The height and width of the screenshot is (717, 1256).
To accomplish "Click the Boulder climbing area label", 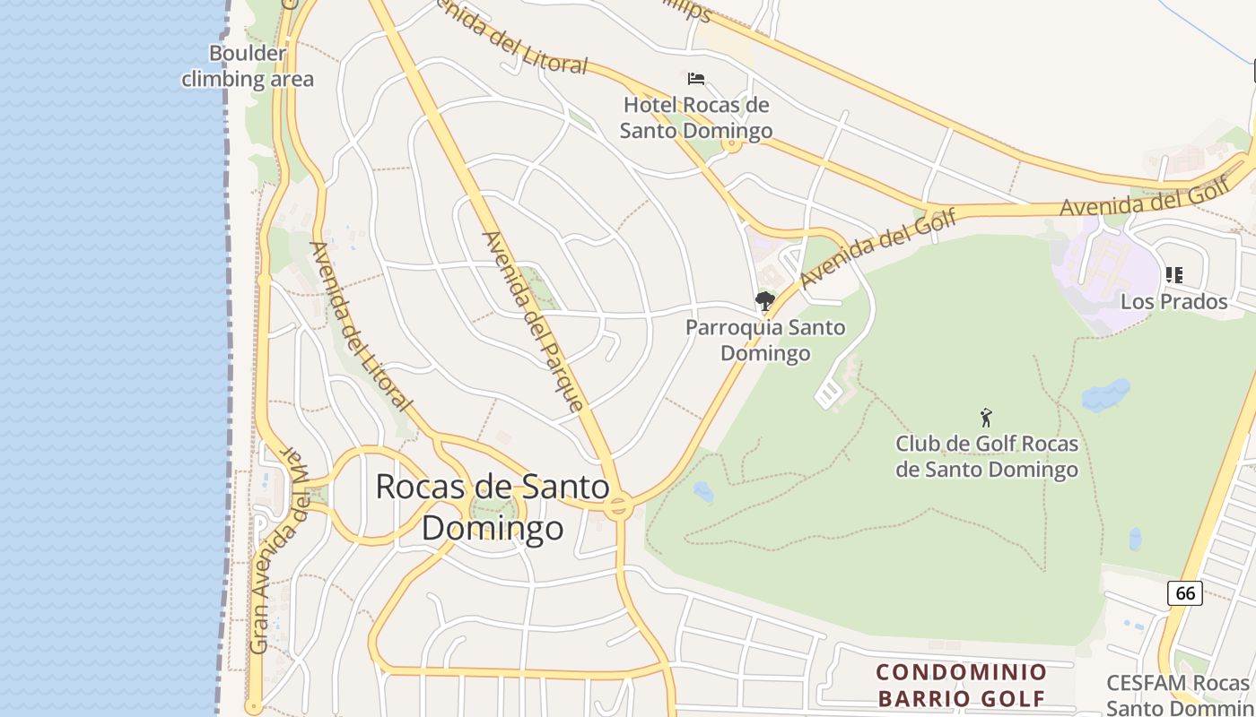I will (x=248, y=66).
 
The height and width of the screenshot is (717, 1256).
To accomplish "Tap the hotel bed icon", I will (x=695, y=79).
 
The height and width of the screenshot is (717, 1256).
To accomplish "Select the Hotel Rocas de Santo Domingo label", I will (x=696, y=118).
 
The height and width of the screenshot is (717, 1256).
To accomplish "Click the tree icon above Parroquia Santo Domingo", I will (x=764, y=300).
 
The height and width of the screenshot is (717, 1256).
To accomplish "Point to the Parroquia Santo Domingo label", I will (x=765, y=340).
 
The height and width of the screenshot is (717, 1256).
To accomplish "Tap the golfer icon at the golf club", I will (x=986, y=418).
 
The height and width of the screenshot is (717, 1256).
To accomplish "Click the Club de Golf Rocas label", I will (x=987, y=456).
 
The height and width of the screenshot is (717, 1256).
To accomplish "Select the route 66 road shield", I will (x=1185, y=592).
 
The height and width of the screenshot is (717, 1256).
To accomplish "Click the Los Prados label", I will (x=1173, y=301).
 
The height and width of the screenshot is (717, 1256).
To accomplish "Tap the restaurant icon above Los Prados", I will (x=1173, y=275).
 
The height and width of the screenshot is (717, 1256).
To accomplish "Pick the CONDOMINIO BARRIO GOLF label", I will (x=961, y=685).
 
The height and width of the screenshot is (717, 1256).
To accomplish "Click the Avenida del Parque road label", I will (x=533, y=320).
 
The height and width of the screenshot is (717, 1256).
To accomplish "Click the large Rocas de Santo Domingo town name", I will (x=493, y=506).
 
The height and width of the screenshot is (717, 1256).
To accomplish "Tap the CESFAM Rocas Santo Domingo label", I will (x=1179, y=695).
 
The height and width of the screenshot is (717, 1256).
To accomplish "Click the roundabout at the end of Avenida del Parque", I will (x=617, y=508).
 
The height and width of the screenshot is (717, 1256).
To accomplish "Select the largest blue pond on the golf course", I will (x=1105, y=394).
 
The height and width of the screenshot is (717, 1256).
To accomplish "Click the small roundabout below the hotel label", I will (x=732, y=144).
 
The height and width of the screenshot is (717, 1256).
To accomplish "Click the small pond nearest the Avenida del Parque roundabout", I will (x=703, y=492).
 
